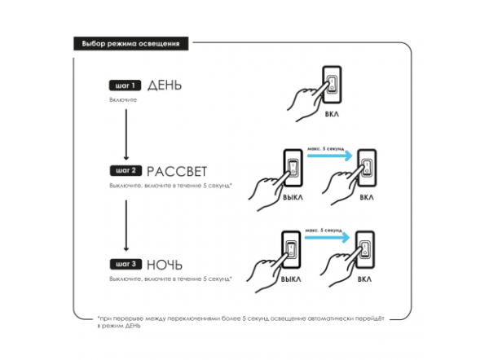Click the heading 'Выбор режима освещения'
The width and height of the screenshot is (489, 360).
coord(131,42)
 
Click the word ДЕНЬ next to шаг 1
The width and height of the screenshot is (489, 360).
coord(165,85)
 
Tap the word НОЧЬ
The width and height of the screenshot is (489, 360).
coord(165,265)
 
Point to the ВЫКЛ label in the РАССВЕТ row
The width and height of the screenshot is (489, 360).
coord(292,197)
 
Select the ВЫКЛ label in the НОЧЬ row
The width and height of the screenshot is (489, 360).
coord(292,279)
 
